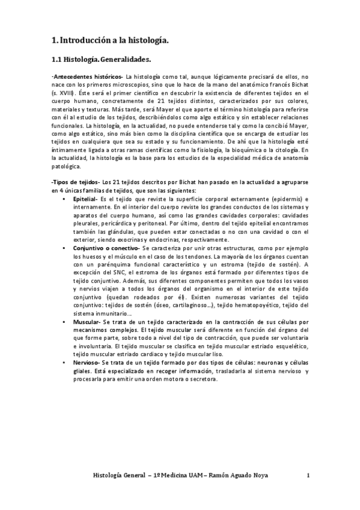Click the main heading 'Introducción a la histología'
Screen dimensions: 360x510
pyautogui.click(x=114, y=40)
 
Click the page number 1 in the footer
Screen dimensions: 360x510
pyautogui.click(x=308, y=475)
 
